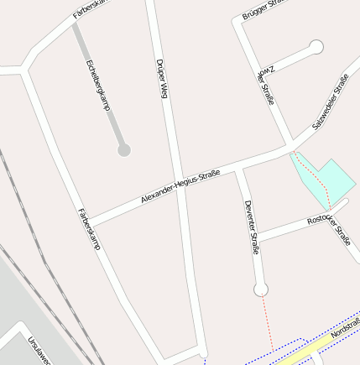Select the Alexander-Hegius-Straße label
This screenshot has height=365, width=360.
pyautogui.click(x=180, y=186)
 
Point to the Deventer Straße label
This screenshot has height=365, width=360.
pyautogui.click(x=251, y=227)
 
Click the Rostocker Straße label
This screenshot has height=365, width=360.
pyautogui.click(x=329, y=229)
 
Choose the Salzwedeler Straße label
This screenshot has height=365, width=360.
pyautogui.click(x=330, y=102)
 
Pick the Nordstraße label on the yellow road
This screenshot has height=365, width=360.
pyautogui.click(x=345, y=328)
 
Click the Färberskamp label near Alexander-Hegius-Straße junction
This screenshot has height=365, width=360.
pyautogui.click(x=89, y=229)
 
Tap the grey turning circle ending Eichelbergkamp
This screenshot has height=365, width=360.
pyautogui.click(x=124, y=150)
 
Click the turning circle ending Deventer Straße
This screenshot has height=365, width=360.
pyautogui.click(x=261, y=289)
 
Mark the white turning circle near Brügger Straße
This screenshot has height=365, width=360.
pyautogui.click(x=316, y=47)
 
